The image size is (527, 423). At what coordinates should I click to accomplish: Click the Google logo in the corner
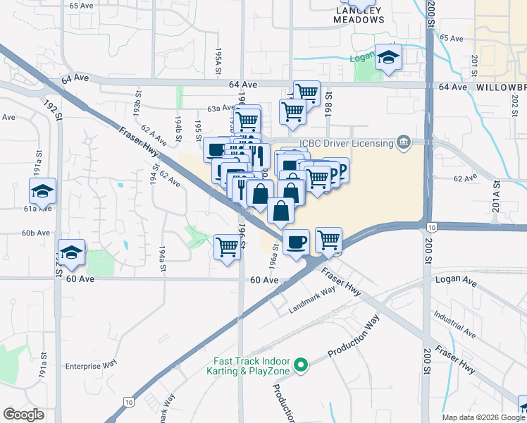coord(23,415)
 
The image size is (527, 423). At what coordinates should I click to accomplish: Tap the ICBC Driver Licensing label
coord(346,143)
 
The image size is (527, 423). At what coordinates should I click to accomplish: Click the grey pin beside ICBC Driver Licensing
coord(403,143)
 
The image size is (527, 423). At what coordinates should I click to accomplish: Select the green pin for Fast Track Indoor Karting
coord(301,365)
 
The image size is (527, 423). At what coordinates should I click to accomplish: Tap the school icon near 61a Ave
coord(42,191)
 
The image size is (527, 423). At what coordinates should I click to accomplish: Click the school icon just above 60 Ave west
coord(71,252)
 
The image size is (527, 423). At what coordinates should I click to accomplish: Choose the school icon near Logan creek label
coord(387,58)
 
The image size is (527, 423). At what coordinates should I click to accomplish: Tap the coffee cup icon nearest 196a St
coord(296,242)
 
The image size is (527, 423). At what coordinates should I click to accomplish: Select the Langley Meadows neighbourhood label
coord(359,15)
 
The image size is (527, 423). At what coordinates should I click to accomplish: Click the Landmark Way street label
coord(312,299)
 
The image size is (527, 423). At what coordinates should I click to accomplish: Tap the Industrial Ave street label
coord(454,322)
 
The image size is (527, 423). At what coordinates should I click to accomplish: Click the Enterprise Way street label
coord(91,366)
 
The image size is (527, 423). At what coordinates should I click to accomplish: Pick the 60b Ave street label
coord(35,233)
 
